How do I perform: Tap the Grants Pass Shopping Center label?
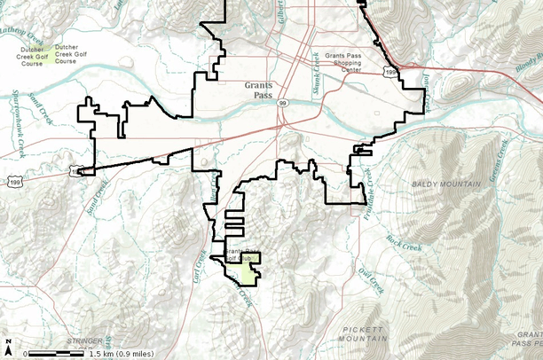pos(343,63)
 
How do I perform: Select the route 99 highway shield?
pos(282,104)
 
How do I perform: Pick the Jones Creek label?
pos(427,91)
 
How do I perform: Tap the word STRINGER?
pos(83,340)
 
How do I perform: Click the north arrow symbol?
pos(8,345)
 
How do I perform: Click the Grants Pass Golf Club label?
pos(241,256)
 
